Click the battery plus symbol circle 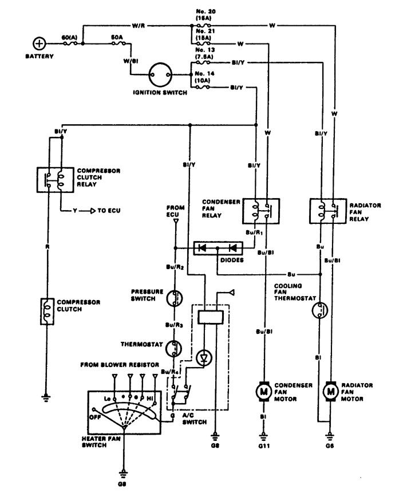[39, 44]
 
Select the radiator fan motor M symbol [330, 391]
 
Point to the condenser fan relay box [262, 210]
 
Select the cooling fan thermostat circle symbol [319, 310]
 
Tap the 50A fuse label [117, 36]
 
